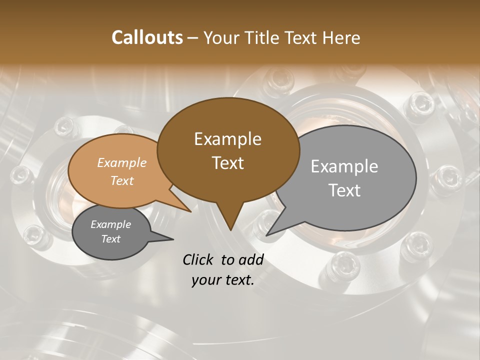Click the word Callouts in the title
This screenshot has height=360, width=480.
(147, 37)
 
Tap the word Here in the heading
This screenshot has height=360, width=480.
(341, 37)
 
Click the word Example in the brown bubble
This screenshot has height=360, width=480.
(227, 139)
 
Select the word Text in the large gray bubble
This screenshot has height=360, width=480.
(344, 190)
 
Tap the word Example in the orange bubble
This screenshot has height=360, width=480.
(121, 162)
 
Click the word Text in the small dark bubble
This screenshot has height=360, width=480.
(110, 239)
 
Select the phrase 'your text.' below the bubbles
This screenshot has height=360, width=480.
(223, 280)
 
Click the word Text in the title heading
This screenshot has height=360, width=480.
(303, 37)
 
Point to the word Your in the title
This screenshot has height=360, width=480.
(220, 37)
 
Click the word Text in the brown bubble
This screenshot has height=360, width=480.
(227, 163)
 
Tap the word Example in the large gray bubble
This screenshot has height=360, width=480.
(344, 166)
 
